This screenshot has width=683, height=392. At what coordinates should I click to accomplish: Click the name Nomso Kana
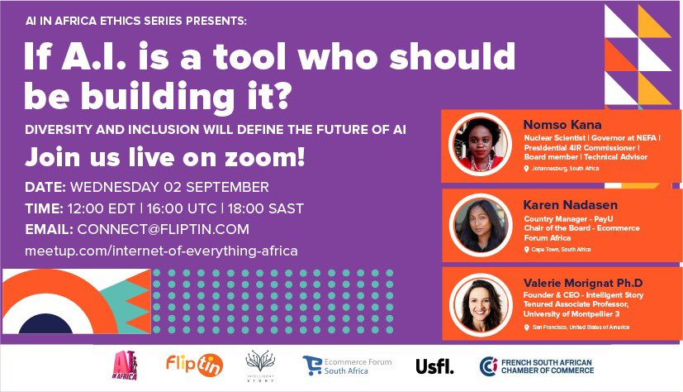pos(553,125)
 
